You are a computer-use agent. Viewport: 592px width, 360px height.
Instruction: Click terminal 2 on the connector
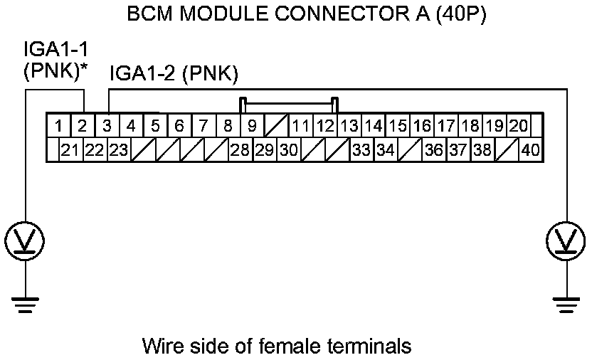click(x=83, y=127)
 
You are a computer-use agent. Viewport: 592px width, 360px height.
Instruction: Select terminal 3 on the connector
click(x=107, y=127)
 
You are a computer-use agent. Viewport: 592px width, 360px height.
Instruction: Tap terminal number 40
click(x=529, y=150)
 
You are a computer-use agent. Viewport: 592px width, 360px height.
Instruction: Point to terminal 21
click(x=70, y=150)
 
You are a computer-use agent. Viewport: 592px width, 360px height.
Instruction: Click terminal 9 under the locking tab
click(x=252, y=127)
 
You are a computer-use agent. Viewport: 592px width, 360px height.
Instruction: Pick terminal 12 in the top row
click(x=324, y=127)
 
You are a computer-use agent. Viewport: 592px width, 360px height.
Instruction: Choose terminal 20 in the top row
click(x=518, y=127)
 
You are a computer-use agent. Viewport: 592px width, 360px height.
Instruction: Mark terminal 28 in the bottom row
click(x=240, y=150)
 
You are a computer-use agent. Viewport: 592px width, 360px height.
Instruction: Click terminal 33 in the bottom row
click(x=361, y=150)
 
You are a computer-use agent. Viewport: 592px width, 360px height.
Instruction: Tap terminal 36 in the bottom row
click(x=434, y=150)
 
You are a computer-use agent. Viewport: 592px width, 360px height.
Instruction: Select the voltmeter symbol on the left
click(x=25, y=240)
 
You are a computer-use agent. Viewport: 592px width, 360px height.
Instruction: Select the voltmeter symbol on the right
click(x=566, y=240)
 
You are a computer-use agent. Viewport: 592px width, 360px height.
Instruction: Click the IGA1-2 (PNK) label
click(x=174, y=74)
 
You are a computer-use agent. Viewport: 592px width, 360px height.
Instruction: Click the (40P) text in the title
click(x=455, y=15)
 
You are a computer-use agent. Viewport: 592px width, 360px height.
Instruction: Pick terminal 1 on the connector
click(x=60, y=127)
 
